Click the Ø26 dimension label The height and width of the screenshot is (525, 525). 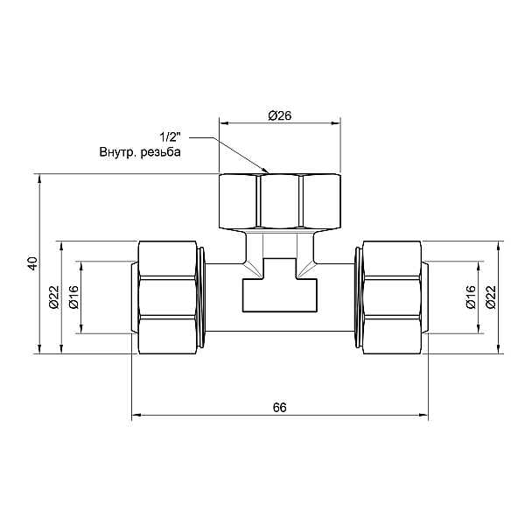pyautogui.click(x=279, y=115)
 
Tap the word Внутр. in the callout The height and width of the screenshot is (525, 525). pyautogui.click(x=119, y=153)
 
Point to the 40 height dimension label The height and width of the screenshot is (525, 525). pyautogui.click(x=32, y=263)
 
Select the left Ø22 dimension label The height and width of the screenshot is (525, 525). pyautogui.click(x=53, y=297)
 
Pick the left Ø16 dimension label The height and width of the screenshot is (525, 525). pyautogui.click(x=73, y=297)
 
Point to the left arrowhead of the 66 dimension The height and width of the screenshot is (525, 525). pyautogui.click(x=136, y=416)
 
